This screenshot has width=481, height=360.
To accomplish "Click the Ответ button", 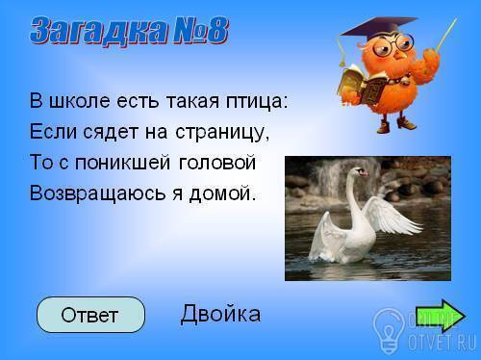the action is pos(90,315).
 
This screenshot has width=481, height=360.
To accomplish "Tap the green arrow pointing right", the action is pos(441,316).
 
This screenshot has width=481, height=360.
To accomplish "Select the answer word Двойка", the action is pos(220,314).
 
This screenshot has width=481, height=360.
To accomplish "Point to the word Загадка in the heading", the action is pos(99,32).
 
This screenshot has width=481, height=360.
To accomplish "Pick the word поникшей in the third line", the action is pos(122,162).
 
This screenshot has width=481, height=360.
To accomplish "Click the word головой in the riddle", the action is pos(217,162).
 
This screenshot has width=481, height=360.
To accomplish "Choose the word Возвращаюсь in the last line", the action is pos(97,193).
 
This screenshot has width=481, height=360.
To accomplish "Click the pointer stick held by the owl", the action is pos(445,35).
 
